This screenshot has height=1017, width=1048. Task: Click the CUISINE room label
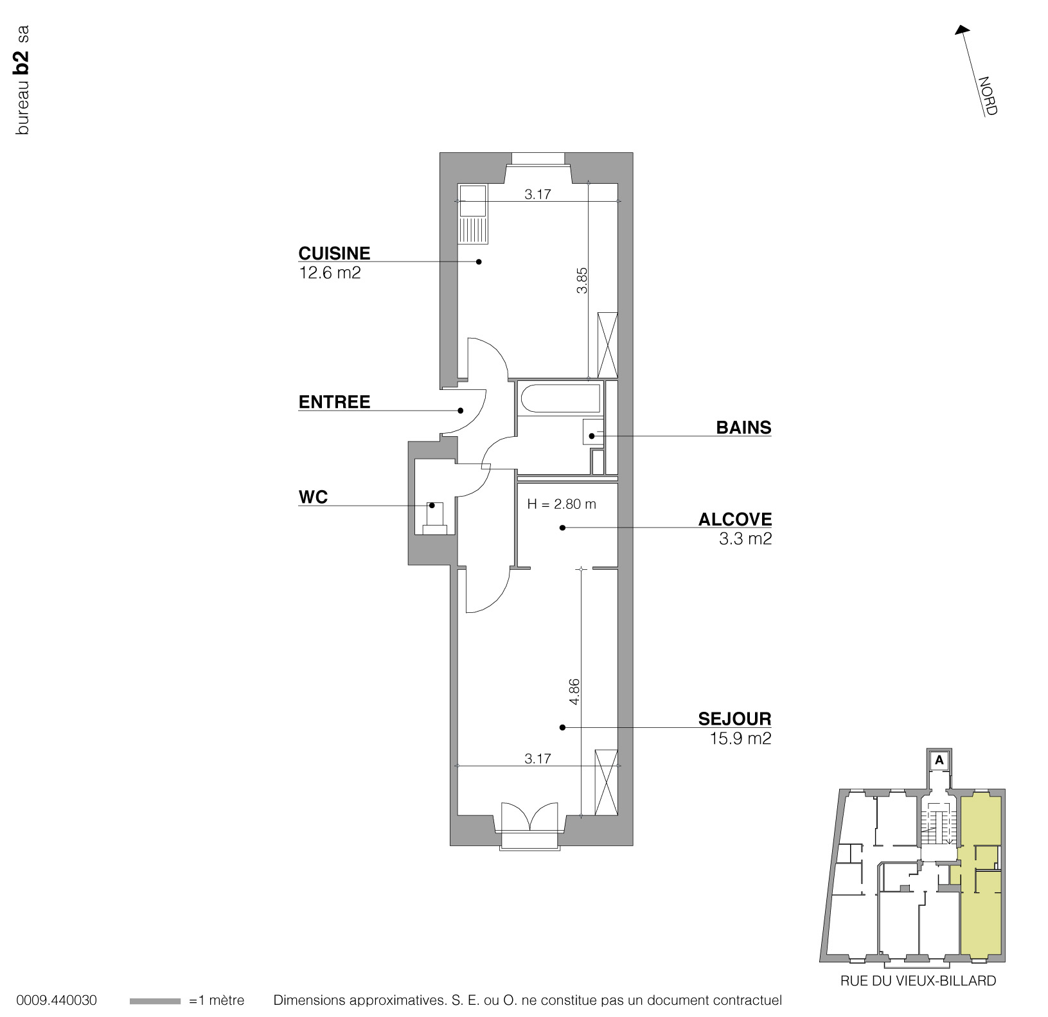coord(334,252)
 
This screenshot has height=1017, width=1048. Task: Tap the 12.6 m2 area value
coord(330,272)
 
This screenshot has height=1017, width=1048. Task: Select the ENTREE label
coord(334,402)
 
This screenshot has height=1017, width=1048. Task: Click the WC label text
coord(313,497)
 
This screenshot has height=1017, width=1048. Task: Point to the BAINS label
coord(743,428)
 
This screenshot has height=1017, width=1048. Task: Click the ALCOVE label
coord(735,519)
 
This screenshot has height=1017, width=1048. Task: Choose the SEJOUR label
coord(734,718)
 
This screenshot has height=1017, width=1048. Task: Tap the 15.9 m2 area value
coord(740,738)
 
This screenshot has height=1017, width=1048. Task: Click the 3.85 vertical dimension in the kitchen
coord(582,280)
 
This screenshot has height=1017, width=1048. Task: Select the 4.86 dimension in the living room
coord(574,691)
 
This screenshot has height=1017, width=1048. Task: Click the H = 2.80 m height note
coord(561,504)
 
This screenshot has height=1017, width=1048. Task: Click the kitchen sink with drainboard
coord(473,214)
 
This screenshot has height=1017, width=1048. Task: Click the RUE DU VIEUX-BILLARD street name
coord(918,980)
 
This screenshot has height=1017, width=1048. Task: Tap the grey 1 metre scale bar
coord(155,1001)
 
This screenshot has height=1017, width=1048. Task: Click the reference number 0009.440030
coord(57,1000)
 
